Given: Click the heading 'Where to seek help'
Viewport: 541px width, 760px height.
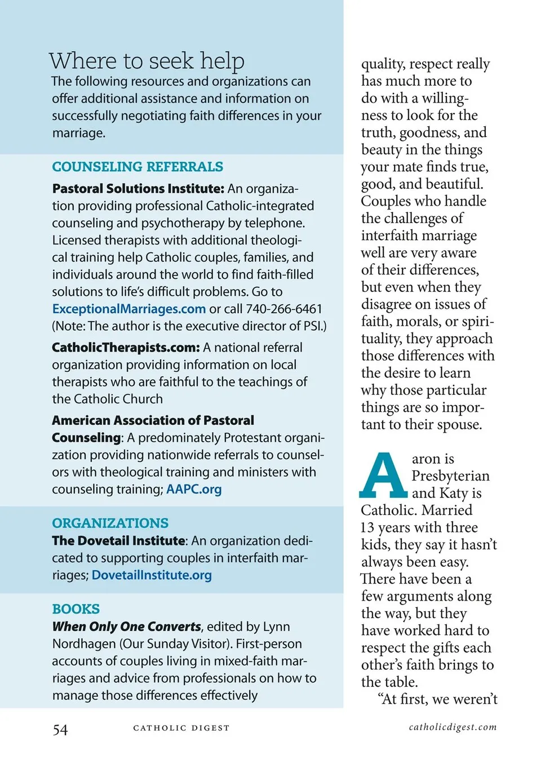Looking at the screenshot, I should pos(147,61).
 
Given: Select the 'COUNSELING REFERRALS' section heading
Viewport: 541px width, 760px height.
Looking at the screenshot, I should pos(138,167).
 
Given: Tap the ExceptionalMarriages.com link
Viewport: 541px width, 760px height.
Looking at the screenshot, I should pos(128,309).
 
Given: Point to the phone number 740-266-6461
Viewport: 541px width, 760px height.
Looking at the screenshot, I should pos(284,309).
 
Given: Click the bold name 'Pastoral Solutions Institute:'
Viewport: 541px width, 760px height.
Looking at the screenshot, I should pos(138,189).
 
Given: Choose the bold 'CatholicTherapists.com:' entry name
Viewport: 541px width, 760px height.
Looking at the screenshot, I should pos(126,348).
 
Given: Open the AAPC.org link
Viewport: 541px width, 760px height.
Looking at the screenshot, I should pos(194,489).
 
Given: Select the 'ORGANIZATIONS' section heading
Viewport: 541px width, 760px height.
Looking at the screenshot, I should pos(110,523).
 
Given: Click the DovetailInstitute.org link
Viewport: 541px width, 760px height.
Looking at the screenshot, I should pos(152,575).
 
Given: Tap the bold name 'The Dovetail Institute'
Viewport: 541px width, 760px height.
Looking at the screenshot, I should pos(118,541).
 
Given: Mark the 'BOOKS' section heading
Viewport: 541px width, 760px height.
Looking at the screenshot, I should pos(76,609).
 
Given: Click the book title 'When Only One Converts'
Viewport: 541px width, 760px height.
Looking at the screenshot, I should pos(126,626).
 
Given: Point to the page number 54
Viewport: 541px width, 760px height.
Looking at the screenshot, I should pos(60,730).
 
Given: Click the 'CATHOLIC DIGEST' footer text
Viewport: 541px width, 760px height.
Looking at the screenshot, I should pos(181,728).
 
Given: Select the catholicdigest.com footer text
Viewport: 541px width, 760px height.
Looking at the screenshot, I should pos(453,727).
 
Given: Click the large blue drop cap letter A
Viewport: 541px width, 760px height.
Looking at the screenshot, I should pos(383,475).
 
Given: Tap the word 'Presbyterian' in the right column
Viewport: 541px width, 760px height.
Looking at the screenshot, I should pos(450,476).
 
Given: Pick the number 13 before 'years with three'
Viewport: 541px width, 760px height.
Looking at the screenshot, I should pos(367,528).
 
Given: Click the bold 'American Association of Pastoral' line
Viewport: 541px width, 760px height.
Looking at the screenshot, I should pos(153,420).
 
